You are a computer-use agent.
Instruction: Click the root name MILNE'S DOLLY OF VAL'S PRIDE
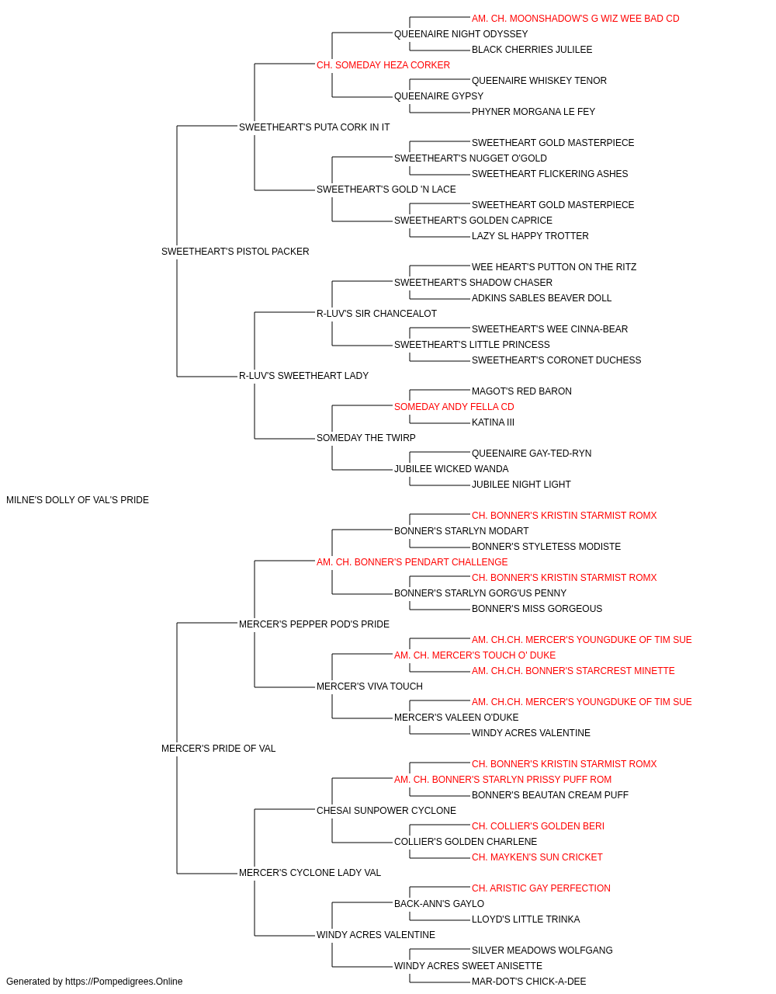(78, 500)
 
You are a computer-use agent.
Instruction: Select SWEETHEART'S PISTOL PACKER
(235, 252)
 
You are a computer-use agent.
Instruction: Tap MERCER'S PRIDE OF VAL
(218, 749)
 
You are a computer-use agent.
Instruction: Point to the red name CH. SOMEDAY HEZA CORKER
(383, 65)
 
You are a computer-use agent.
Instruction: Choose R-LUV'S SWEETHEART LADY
(303, 376)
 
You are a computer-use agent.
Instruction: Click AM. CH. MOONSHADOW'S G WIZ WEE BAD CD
(575, 19)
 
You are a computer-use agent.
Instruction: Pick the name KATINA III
(493, 422)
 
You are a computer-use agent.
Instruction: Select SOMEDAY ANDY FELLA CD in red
(454, 407)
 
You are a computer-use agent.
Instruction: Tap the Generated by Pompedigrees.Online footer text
(94, 982)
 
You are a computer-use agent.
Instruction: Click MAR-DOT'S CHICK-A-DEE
(528, 982)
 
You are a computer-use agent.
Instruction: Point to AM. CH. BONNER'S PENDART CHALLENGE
(412, 561)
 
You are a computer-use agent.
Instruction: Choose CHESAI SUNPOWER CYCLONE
(386, 811)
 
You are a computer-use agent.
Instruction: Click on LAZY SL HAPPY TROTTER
(530, 236)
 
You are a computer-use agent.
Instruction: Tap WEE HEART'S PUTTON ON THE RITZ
(553, 266)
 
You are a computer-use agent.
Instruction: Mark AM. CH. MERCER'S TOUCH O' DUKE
(475, 655)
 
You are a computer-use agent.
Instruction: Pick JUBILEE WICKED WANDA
(451, 469)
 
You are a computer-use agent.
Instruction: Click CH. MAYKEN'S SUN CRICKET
(537, 857)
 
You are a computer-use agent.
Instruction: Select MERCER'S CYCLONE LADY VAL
(310, 873)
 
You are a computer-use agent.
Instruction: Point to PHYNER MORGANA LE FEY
(533, 112)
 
